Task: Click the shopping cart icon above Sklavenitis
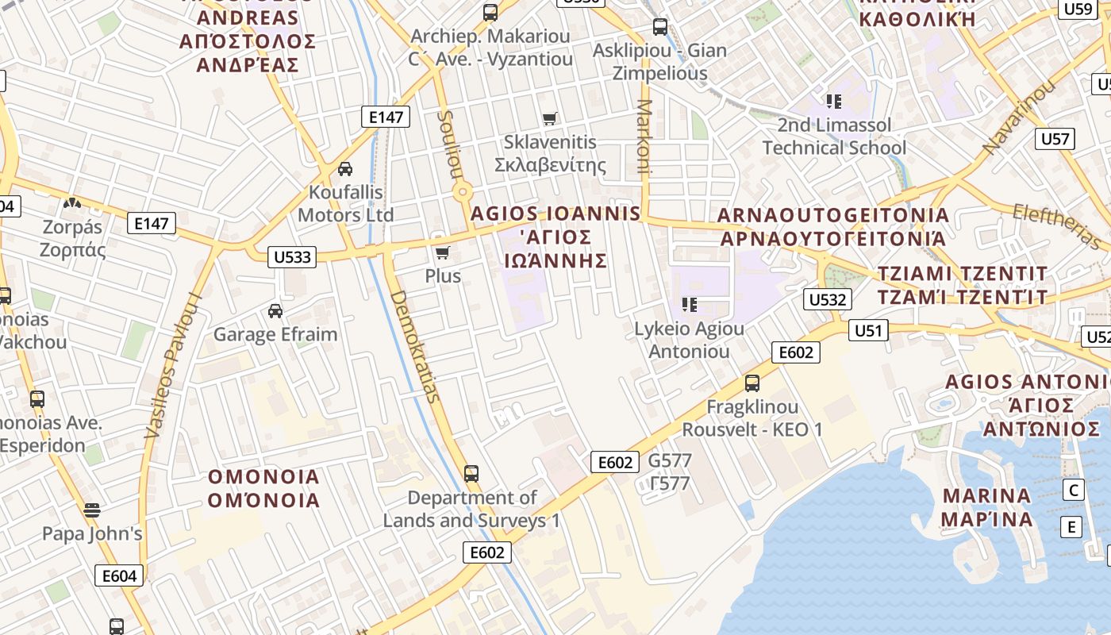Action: [549, 119]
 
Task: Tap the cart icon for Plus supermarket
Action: [443, 252]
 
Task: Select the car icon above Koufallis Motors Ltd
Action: [345, 169]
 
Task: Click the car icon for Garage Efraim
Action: [275, 310]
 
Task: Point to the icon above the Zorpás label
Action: [72, 204]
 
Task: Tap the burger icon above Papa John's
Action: [92, 510]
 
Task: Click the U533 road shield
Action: [291, 257]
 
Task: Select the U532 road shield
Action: [828, 299]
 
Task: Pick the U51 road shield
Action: [868, 330]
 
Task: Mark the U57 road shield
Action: [1055, 139]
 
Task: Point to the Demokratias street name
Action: [415, 346]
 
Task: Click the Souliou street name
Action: [449, 143]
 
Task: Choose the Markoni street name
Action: [644, 137]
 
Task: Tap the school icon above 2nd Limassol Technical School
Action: [833, 101]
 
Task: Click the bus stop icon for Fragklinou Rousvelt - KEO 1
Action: [752, 383]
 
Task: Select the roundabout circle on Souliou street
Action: [463, 192]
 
